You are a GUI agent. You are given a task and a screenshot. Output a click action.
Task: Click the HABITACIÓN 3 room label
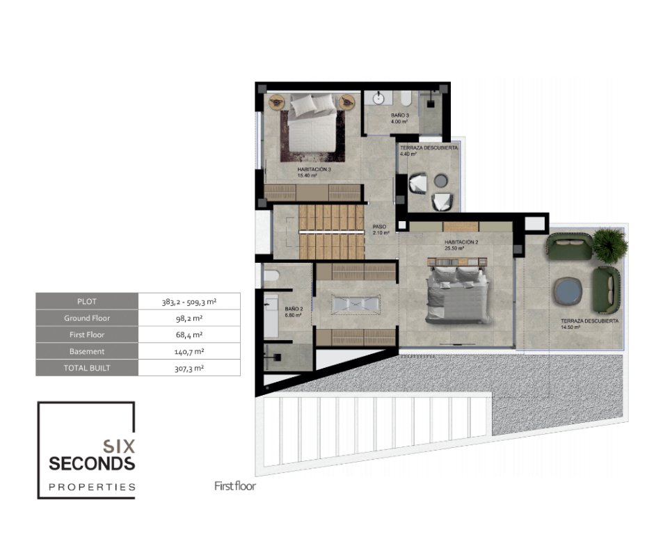click(314, 169)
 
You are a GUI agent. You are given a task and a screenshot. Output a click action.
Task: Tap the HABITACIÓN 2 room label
click(461, 242)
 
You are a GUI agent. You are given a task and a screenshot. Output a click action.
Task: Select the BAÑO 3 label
click(399, 115)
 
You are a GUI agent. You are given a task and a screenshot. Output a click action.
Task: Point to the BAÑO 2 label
click(294, 309)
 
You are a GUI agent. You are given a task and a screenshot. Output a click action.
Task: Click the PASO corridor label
click(379, 227)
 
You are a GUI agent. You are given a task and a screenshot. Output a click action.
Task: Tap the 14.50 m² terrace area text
click(571, 328)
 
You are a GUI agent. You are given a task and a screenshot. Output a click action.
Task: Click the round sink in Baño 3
click(378, 99)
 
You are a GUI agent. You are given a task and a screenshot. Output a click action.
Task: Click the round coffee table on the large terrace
click(567, 291)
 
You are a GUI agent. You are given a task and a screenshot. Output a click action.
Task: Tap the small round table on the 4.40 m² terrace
click(440, 181)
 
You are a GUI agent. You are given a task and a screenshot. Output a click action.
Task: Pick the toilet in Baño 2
click(271, 275)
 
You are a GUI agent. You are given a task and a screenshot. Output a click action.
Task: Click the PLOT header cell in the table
click(87, 301)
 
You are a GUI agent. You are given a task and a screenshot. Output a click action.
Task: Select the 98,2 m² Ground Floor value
click(189, 319)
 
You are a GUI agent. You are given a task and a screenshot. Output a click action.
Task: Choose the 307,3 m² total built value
click(189, 369)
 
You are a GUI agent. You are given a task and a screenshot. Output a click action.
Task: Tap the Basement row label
click(87, 352)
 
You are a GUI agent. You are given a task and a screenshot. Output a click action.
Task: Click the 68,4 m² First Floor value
click(189, 335)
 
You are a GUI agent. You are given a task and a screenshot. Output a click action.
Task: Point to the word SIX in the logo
click(119, 446)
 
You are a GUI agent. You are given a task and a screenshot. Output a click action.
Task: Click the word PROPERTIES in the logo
click(92, 487)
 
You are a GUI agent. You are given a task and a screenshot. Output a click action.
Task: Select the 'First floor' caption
click(235, 486)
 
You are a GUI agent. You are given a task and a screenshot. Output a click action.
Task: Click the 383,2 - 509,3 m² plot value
click(189, 302)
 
